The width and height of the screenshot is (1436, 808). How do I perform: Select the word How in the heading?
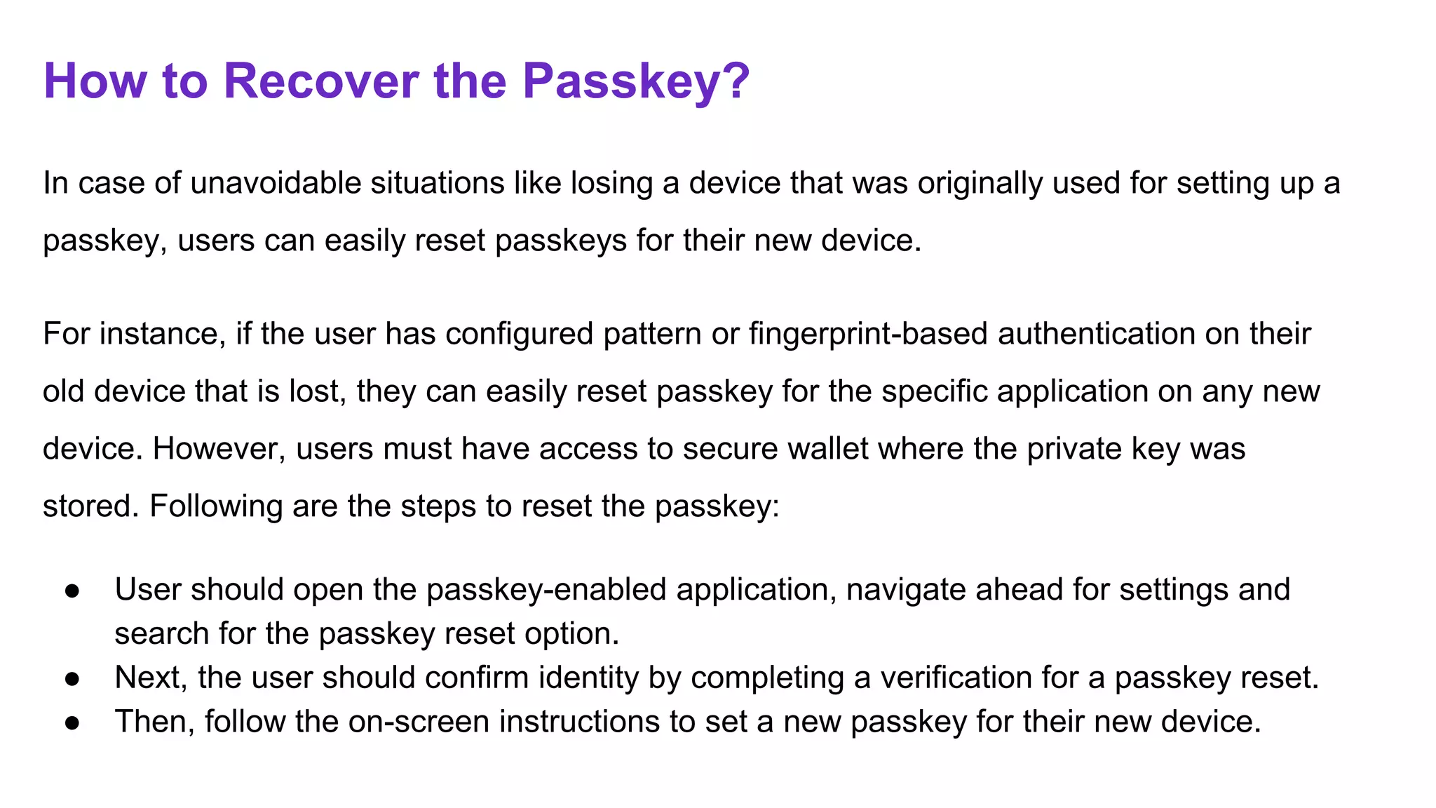point(95,81)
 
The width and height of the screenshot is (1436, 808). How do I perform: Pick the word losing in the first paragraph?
point(611,183)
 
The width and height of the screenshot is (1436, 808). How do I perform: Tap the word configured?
point(520,334)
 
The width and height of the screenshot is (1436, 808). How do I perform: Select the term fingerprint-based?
point(868,334)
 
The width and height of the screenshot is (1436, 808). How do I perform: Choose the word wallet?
point(828,449)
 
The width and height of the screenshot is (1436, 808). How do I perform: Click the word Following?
point(216,506)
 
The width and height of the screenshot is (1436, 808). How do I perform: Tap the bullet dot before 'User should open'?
point(72,591)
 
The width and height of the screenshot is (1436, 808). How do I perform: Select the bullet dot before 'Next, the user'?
point(72,679)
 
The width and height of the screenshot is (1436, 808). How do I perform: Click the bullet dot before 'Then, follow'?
point(72,723)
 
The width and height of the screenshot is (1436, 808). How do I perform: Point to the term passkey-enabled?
point(546,590)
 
